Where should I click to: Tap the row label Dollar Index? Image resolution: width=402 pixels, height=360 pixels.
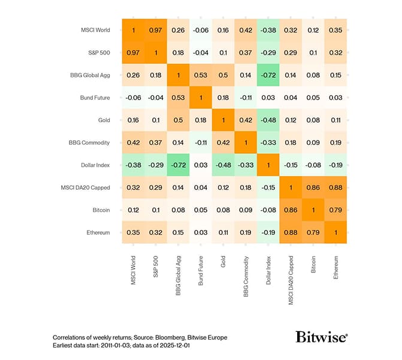tap(93, 165)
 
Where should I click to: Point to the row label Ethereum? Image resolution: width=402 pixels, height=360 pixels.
tap(96, 232)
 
